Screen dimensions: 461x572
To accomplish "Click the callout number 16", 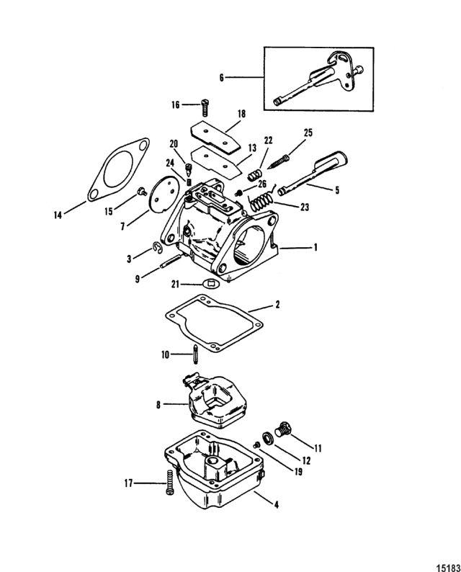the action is pos(176,105).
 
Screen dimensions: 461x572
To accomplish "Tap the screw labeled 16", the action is pos(205,107).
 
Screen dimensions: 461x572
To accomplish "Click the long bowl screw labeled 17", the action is pos(170,482).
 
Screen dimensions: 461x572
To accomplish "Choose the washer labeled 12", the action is pos(267,438).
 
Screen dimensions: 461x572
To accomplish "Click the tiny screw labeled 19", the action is pos(256,445).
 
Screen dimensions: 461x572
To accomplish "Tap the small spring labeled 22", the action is pos(254,175).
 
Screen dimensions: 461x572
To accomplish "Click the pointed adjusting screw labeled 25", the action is pos(278,161).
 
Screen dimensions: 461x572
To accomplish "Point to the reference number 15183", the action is pos(449,568).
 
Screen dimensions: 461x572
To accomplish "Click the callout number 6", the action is pos(221,78).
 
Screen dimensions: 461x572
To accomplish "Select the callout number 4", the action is pos(277,504).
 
